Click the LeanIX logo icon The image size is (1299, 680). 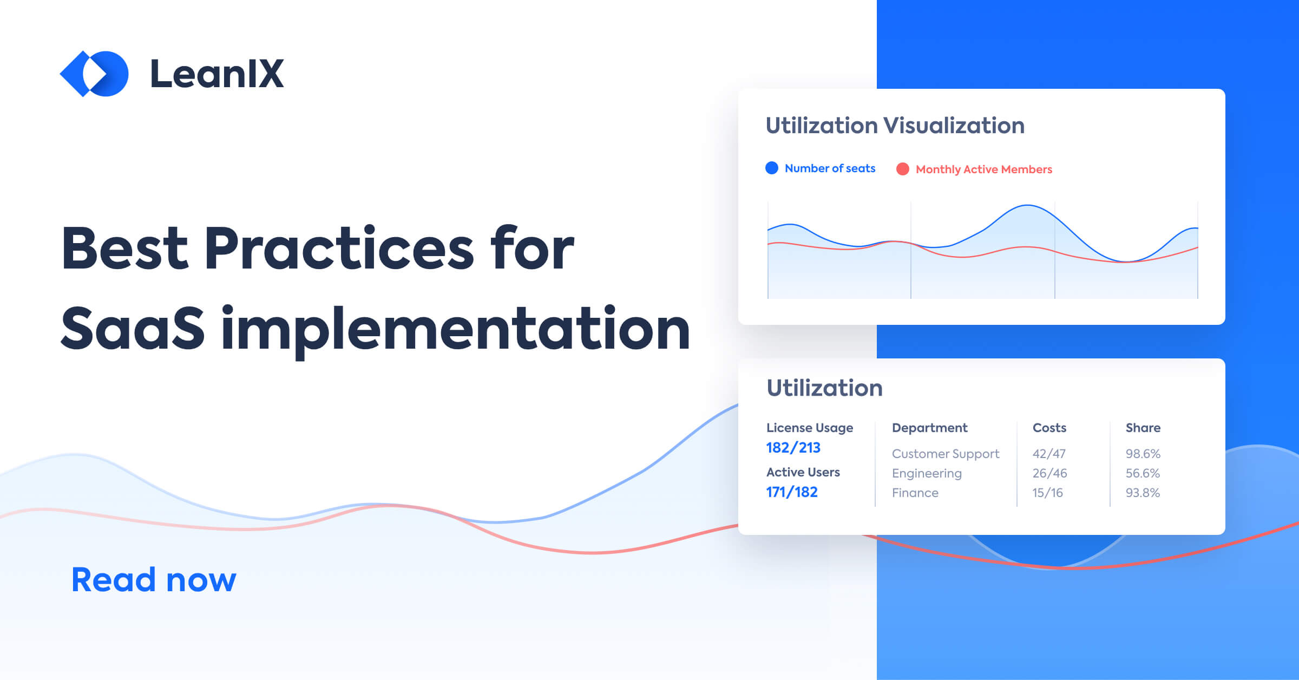(94, 74)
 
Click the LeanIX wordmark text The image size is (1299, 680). (216, 74)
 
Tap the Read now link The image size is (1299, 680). (154, 579)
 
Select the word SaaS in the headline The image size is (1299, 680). (133, 328)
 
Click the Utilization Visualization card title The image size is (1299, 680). (895, 126)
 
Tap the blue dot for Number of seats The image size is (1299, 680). (772, 168)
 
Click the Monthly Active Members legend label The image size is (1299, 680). (983, 169)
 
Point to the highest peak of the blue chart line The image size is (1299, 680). (1027, 205)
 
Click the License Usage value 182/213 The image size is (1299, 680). (793, 448)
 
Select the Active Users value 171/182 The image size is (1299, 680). (791, 492)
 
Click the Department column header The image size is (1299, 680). (929, 428)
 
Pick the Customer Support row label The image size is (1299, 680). (945, 454)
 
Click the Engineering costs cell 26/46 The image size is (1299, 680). (1049, 473)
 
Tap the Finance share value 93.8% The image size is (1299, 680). (1143, 493)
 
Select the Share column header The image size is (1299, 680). (1143, 428)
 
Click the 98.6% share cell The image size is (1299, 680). (1143, 454)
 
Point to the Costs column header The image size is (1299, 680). (1049, 428)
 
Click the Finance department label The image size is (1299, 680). (915, 493)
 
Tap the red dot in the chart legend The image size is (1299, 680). (902, 169)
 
